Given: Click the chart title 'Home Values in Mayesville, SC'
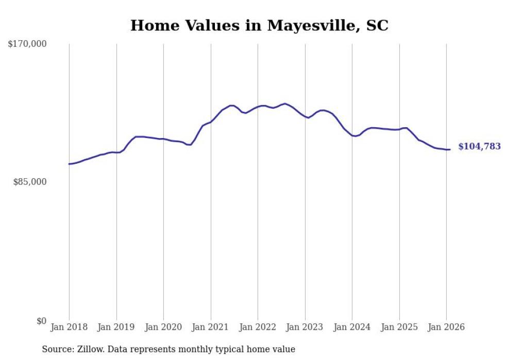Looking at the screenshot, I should [259, 26].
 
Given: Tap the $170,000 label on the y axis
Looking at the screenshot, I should [27, 44].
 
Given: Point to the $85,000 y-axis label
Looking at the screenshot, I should [29, 182].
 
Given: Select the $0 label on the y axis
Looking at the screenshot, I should [41, 321].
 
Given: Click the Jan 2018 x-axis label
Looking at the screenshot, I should [69, 327].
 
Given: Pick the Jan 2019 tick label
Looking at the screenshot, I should [116, 327].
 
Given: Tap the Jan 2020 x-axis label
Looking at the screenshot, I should [163, 327].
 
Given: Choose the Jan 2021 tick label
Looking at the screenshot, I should [211, 327].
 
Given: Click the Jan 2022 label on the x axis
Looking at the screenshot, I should [258, 327].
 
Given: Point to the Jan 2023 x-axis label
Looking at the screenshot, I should [305, 327].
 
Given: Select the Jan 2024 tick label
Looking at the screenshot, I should [352, 327].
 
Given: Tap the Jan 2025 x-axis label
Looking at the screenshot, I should [399, 327].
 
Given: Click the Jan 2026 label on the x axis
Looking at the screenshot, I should [446, 327].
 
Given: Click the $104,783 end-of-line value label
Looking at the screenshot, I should [479, 147].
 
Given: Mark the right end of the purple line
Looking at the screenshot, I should [450, 149].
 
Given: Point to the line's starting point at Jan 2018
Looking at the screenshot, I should [69, 164].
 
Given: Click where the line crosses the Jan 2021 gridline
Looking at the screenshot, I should [211, 122].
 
